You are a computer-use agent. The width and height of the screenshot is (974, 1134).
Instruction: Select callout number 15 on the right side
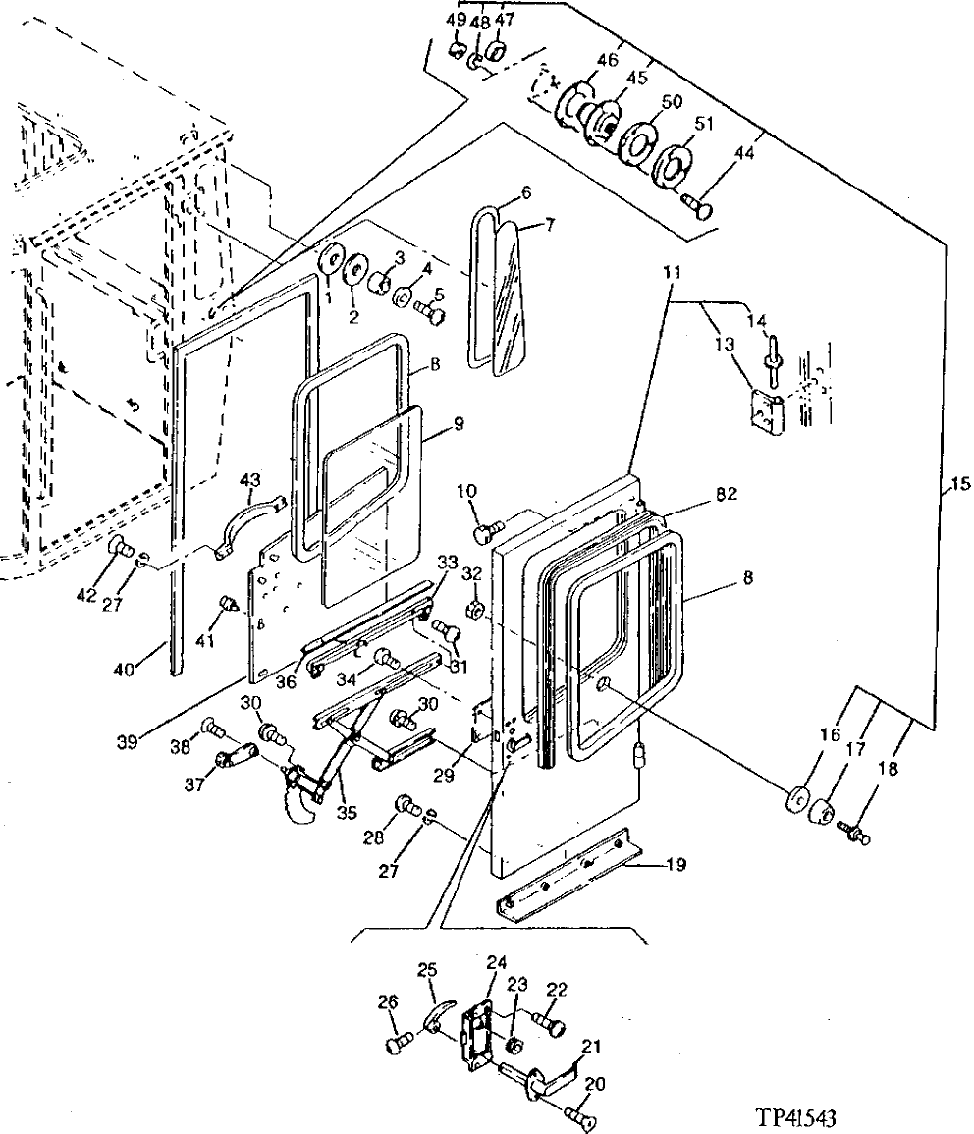pyautogui.click(x=958, y=483)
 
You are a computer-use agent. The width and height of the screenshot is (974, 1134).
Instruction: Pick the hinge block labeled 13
pyautogui.click(x=767, y=411)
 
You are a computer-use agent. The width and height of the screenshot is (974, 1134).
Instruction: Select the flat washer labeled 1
pyautogui.click(x=332, y=259)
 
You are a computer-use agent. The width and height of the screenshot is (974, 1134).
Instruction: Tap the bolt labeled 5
pyautogui.click(x=429, y=314)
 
